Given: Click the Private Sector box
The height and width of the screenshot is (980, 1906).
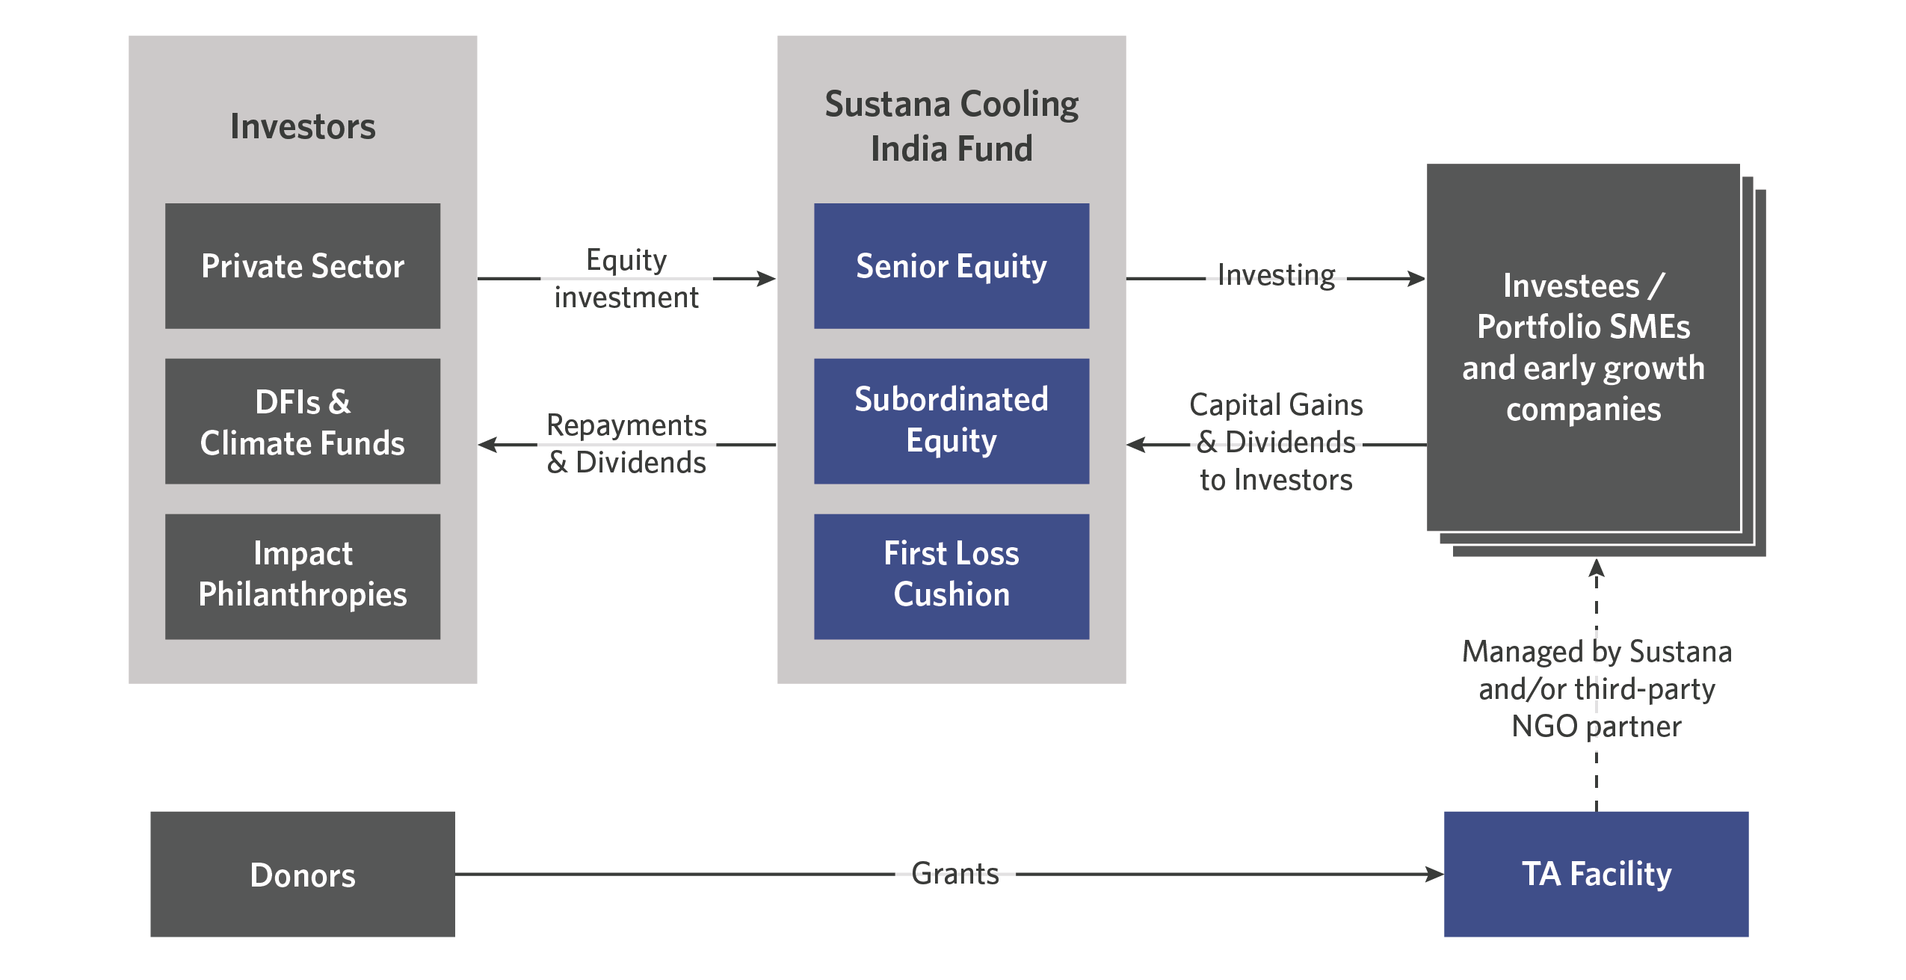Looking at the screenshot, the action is (x=303, y=265).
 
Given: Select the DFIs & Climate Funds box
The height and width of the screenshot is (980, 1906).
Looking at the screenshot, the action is (x=303, y=421).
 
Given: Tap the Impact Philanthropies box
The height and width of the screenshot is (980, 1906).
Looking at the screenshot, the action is (x=303, y=576).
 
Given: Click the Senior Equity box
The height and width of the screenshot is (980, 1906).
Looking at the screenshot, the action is (x=952, y=265).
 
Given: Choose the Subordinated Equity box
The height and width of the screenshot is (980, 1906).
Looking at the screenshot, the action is (x=952, y=421).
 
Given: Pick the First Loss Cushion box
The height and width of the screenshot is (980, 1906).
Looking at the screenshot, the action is (x=952, y=576).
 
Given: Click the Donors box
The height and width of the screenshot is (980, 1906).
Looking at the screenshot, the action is (x=303, y=874).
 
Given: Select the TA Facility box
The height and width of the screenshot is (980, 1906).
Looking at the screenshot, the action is (x=1596, y=874).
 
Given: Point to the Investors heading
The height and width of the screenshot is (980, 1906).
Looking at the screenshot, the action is (x=303, y=126).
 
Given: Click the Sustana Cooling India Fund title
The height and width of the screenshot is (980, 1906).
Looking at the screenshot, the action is (x=952, y=126).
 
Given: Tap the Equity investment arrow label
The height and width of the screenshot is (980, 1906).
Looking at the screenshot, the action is (x=626, y=278).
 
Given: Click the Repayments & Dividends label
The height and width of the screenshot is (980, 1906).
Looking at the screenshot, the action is (x=626, y=443).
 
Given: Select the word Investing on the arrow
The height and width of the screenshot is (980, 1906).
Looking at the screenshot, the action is (x=1276, y=275).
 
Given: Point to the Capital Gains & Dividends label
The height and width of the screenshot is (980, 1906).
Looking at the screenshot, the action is (x=1276, y=442).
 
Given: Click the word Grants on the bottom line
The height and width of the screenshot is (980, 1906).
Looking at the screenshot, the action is (x=955, y=873).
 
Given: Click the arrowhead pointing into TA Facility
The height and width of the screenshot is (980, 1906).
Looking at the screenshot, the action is (x=1434, y=874).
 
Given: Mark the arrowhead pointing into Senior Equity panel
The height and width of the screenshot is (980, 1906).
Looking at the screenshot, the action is (x=767, y=279).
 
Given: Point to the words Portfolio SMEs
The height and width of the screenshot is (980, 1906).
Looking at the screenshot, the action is (x=1583, y=327).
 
